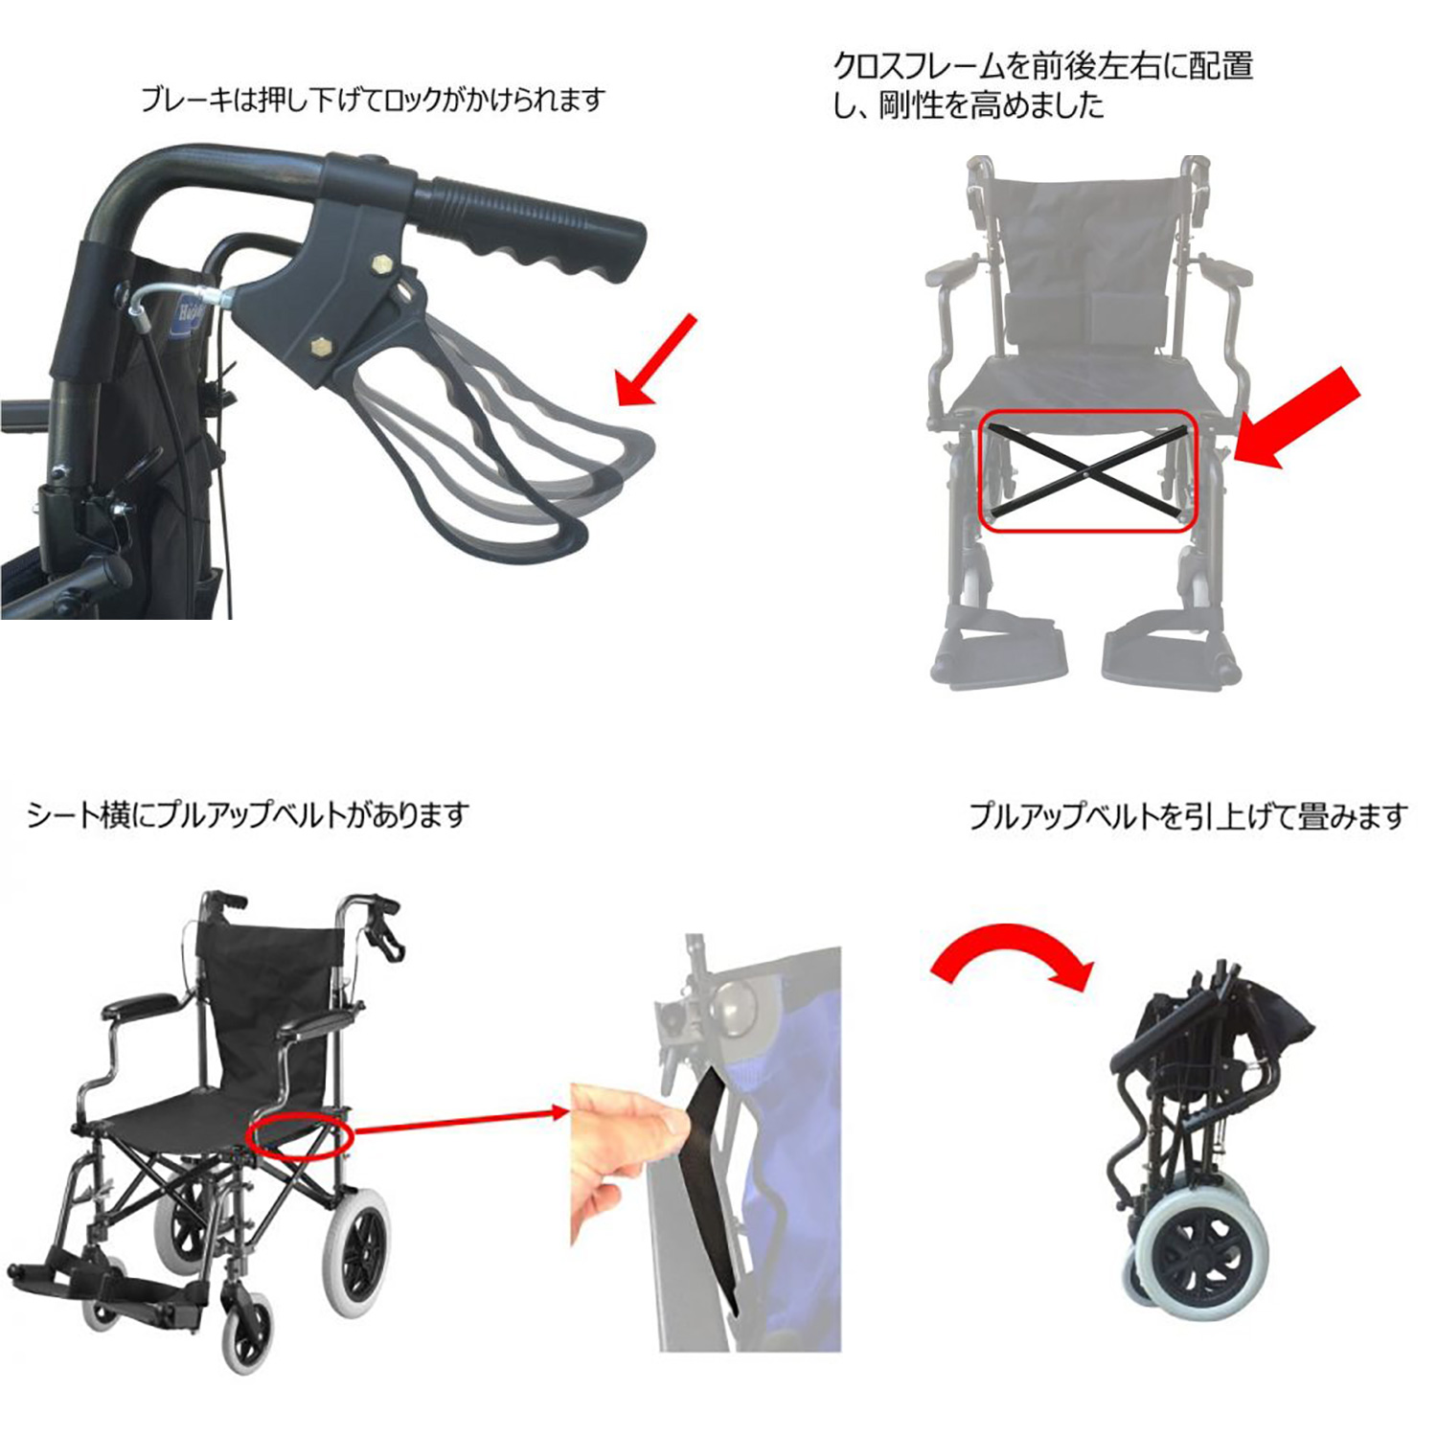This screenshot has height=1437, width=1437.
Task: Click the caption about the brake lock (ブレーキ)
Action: [373, 99]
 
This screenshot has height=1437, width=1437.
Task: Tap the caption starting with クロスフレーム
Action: [1043, 84]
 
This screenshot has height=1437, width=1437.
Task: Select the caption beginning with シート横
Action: [247, 814]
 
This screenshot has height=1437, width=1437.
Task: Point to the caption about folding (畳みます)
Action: [1188, 816]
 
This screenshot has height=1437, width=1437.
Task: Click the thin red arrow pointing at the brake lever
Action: [656, 360]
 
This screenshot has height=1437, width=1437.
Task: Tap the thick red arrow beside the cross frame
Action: [1296, 418]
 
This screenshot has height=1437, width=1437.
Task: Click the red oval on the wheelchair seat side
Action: [300, 1135]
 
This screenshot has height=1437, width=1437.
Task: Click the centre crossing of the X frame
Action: [1087, 471]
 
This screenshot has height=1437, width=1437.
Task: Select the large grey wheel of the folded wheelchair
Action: [1203, 1248]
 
